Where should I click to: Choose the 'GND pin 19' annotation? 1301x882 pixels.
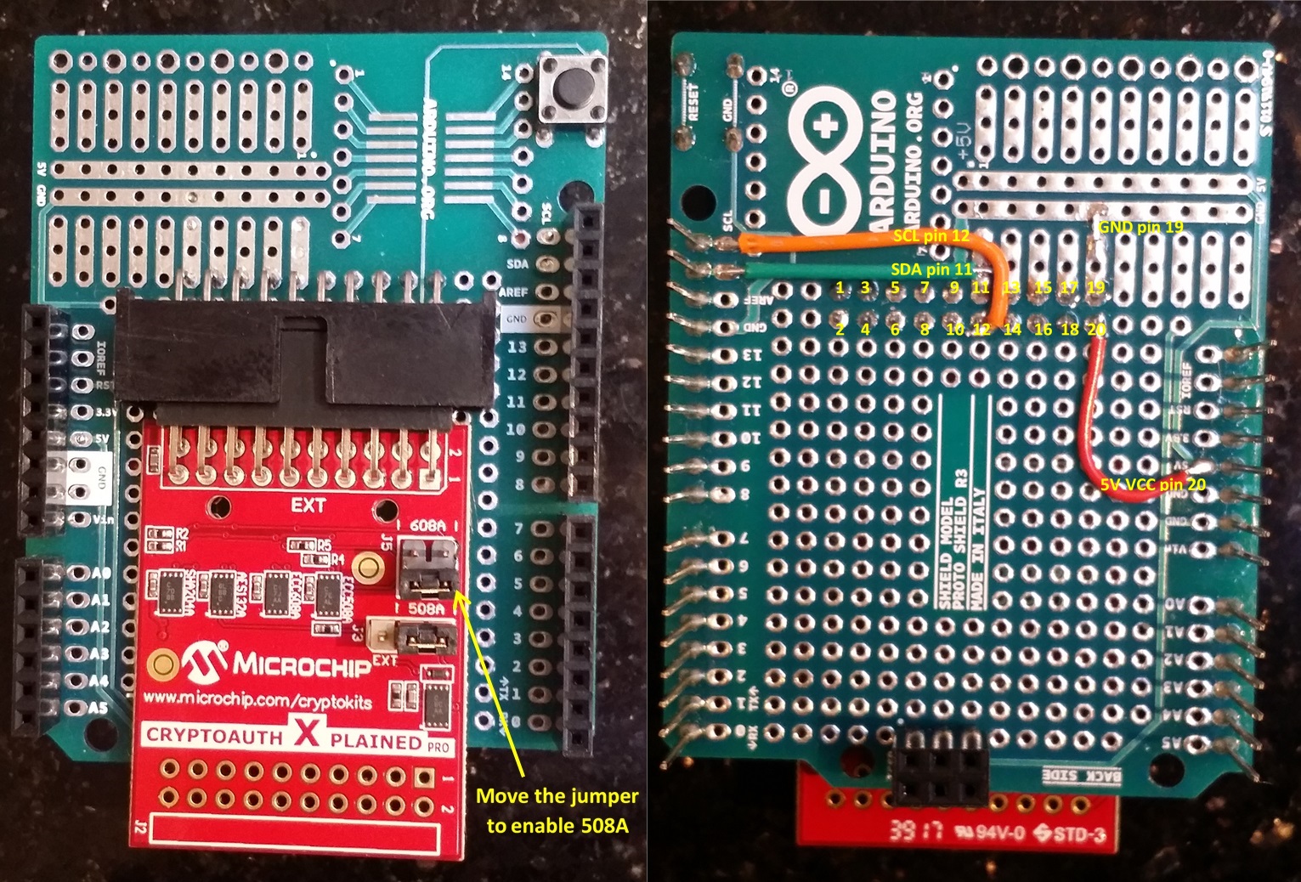pos(1140,228)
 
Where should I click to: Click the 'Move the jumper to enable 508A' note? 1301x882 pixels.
pos(557,810)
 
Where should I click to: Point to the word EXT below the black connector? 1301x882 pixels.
pos(308,505)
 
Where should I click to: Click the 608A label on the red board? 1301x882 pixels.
pos(427,525)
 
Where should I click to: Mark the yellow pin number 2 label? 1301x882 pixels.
pos(840,330)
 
